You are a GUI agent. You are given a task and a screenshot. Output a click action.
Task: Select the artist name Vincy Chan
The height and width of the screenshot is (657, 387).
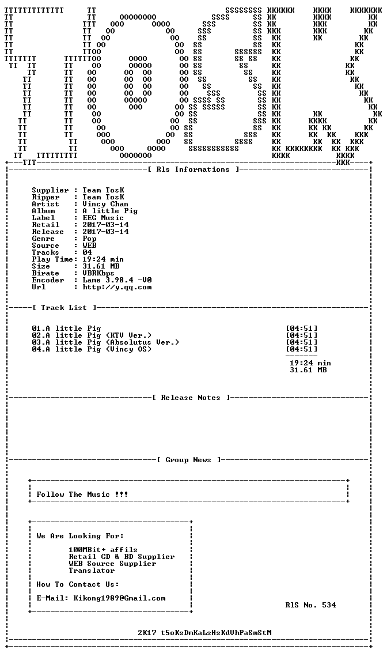coord(105,204)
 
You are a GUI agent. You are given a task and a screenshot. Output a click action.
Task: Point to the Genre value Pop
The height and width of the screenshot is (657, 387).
coord(89,239)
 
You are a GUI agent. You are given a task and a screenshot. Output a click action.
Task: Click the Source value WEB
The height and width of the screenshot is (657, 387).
coord(89,246)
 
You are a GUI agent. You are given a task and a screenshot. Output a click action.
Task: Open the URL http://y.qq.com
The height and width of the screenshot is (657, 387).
coord(117,288)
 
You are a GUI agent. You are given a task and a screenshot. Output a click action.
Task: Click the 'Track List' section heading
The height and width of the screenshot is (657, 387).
coord(64,308)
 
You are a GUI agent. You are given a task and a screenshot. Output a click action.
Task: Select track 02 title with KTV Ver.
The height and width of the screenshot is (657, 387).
coord(92,335)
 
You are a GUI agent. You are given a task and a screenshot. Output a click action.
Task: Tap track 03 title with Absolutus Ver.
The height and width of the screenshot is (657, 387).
coord(105,342)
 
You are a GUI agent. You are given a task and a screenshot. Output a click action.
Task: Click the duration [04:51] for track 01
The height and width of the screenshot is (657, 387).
coord(301,328)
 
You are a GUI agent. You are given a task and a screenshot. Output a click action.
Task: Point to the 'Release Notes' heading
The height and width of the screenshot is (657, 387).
coord(191,398)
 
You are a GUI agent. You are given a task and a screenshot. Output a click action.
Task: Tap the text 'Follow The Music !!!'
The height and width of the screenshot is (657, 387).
coord(82,494)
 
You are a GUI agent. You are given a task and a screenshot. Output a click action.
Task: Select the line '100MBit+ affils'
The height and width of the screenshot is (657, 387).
coord(103,550)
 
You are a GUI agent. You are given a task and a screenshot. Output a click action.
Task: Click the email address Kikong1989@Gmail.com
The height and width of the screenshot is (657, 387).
coord(119,598)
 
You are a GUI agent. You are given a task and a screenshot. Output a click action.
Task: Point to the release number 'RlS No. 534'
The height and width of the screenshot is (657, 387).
coord(310,605)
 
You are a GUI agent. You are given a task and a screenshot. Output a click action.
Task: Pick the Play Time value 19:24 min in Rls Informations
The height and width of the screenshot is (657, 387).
coord(103,259)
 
